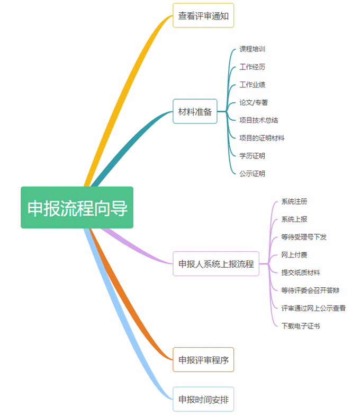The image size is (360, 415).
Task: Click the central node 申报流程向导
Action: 77,208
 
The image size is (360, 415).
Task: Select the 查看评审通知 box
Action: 203,15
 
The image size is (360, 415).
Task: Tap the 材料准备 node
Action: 195,111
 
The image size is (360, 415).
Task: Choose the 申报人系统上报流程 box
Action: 216,263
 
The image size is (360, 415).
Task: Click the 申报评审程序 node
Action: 203,360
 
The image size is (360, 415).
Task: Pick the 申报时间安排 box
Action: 203,399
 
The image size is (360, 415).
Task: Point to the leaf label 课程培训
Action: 252,49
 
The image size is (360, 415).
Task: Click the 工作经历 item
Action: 252,67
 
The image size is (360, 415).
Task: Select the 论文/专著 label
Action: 254,102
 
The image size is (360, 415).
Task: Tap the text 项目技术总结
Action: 259,120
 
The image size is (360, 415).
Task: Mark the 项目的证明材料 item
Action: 262,138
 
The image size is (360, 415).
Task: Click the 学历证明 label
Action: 252,156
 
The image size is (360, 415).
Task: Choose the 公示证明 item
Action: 252,173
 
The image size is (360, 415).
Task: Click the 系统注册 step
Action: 294,201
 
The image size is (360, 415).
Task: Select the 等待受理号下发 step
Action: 304,237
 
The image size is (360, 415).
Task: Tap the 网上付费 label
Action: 294,255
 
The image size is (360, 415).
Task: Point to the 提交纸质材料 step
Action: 301,272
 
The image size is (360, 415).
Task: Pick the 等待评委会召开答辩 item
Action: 310,290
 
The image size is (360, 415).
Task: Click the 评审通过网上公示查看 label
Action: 313,308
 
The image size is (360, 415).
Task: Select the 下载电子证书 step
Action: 301,325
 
